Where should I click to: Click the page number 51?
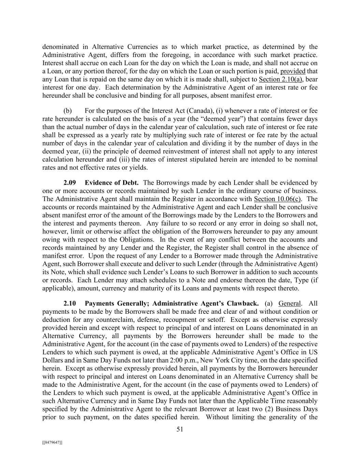point(180,429)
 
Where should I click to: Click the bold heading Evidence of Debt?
point(112,183)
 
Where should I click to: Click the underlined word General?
point(290,303)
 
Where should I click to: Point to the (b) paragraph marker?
point(68,111)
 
